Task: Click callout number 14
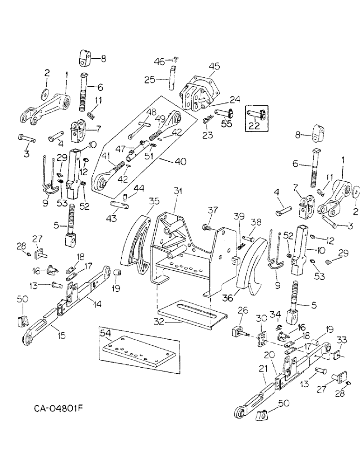coord(98,303)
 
